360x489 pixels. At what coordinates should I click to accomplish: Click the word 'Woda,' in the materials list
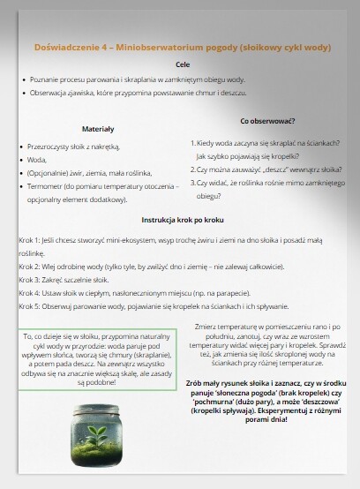click(x=37, y=160)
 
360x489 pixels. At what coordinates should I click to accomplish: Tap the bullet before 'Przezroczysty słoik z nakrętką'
click(x=19, y=147)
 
